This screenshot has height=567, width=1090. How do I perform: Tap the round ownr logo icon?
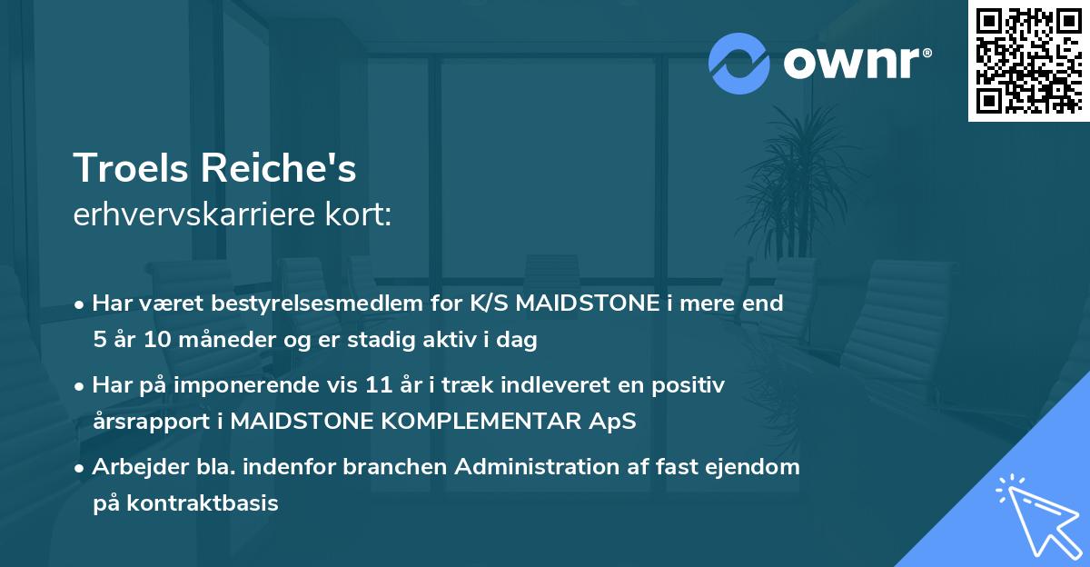[x=739, y=63]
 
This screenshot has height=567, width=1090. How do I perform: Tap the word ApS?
[x=615, y=422]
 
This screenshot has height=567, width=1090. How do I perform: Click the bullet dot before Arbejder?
[x=81, y=469]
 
